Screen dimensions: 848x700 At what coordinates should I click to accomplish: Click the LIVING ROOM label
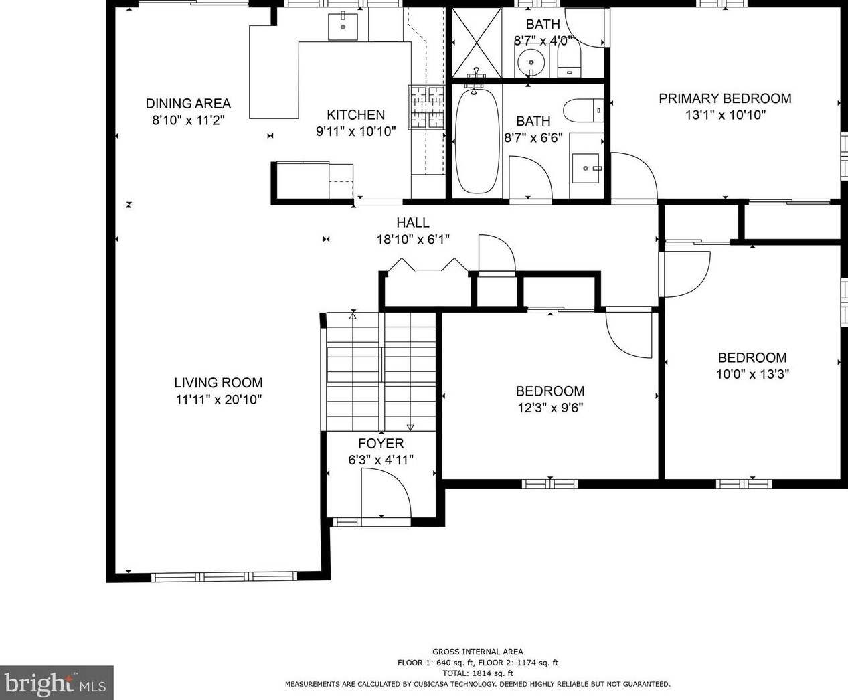[x=218, y=383]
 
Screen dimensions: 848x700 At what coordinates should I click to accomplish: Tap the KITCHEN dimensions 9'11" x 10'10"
[x=356, y=132]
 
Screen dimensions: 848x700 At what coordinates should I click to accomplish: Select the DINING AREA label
[x=188, y=104]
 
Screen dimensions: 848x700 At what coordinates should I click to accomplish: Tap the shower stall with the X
[x=477, y=42]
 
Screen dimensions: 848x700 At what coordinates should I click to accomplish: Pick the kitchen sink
[x=343, y=26]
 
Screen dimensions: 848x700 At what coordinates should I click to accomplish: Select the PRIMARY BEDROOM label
[x=725, y=98]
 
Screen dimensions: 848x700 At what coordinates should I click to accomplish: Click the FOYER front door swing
[x=386, y=493]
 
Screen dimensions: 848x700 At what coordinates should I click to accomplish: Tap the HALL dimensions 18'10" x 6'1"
[x=413, y=240]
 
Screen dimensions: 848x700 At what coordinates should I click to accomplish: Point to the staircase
[x=381, y=371]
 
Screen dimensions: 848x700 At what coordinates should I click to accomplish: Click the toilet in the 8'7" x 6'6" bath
[x=583, y=110]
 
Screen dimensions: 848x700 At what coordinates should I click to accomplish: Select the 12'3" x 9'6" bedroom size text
[x=550, y=408]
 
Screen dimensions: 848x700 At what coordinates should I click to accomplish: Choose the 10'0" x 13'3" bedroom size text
[x=752, y=374]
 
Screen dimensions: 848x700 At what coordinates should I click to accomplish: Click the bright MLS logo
[x=56, y=683]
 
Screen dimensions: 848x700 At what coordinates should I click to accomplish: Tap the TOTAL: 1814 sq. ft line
[x=478, y=673]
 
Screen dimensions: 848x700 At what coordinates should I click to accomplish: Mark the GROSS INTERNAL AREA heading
[x=478, y=652]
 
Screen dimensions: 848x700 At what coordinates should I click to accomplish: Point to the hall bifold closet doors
[x=428, y=265]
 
